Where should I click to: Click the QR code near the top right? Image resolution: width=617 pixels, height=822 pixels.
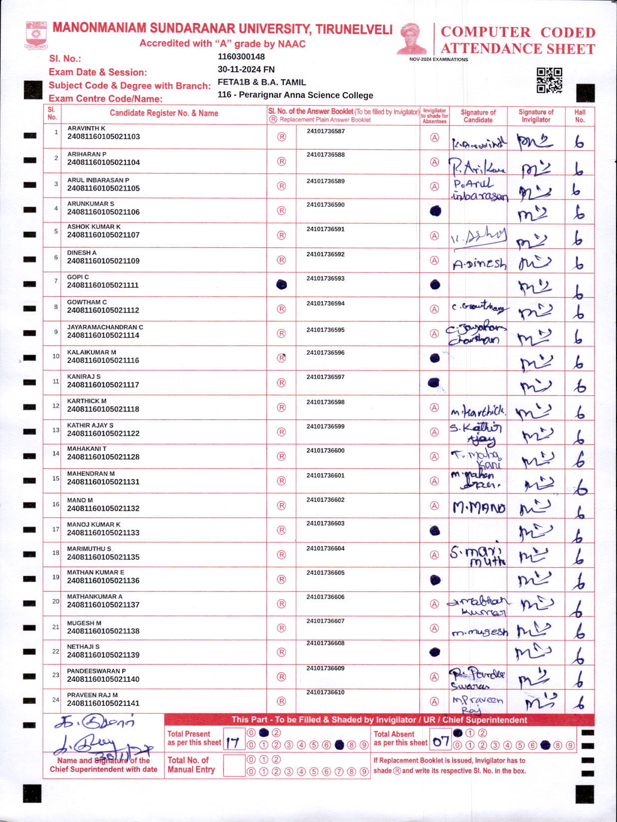549,80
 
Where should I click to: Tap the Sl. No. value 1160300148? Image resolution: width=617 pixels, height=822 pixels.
241,57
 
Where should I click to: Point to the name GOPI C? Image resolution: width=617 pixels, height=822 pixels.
78,277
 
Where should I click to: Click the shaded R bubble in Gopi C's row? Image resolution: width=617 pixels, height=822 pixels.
282,284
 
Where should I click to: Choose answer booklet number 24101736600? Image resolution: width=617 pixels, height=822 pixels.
325,450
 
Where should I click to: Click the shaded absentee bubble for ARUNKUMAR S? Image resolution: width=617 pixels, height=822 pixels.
435,211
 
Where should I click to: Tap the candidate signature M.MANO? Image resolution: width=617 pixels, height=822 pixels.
479,508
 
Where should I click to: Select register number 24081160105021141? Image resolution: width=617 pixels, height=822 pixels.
103,703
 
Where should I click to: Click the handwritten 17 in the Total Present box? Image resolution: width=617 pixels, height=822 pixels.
233,743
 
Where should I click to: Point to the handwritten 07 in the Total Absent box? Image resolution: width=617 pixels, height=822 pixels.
441,742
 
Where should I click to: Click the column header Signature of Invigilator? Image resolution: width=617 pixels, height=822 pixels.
536,116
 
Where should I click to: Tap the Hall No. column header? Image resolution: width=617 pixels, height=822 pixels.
580,116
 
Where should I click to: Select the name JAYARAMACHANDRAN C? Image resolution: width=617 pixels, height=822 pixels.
105,327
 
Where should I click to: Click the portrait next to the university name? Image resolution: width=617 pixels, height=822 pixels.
412,38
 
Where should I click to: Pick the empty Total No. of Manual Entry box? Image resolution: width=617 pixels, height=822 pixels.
234,765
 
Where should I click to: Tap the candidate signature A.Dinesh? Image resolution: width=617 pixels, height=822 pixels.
479,264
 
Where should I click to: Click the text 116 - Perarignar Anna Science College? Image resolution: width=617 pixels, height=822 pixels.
295,95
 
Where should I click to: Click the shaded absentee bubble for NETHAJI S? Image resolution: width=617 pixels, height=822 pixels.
435,651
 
